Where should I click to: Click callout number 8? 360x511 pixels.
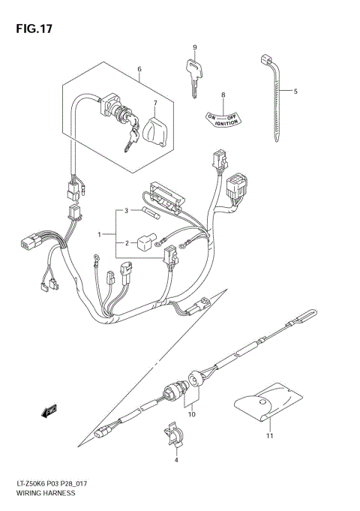[x=223, y=95]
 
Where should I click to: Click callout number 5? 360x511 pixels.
[x=295, y=92]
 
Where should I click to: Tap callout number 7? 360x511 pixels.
[x=154, y=103]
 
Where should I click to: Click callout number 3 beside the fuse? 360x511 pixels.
[x=127, y=211]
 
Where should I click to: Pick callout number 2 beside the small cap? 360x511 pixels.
[x=127, y=242]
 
